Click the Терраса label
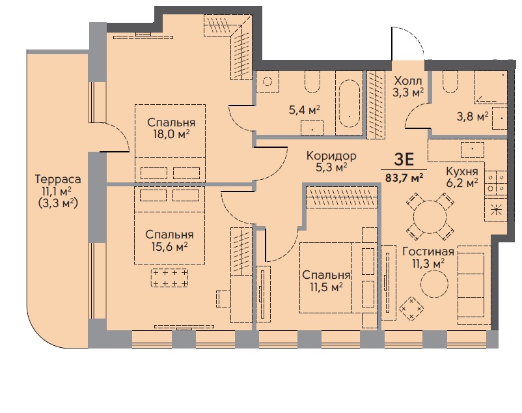coord(58,179)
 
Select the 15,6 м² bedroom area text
coord(169,247)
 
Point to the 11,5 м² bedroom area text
coord(327,287)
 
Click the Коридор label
coord(331,156)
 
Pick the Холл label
coord(408,81)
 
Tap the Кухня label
coord(461,171)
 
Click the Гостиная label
coord(428,251)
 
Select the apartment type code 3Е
coord(404,160)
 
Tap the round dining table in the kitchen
coord(430,217)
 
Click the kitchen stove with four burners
coord(496,182)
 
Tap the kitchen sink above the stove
coord(473,149)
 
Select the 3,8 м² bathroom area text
coord(473,117)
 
